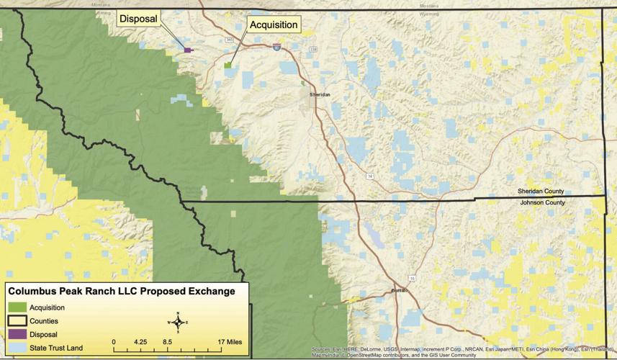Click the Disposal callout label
pos(139,19)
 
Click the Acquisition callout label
pos(273,25)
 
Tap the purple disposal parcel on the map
pos(188,50)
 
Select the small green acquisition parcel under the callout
pos(228,65)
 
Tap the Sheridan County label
pos(540,192)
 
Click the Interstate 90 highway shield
pos(276,47)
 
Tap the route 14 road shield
pos(369,176)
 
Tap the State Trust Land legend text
pos(56,348)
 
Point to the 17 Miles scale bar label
pos(229,341)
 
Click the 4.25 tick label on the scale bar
pos(140,341)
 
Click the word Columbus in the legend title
pos(33,292)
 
